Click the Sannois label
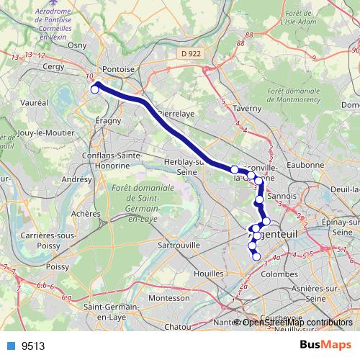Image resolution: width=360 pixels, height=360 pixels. (282, 195)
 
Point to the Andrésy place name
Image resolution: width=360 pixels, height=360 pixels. (78, 179)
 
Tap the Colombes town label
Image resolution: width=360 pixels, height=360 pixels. (279, 274)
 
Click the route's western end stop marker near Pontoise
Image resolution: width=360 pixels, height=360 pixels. (94, 89)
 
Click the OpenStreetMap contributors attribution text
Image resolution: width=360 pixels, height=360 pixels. (297, 322)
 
